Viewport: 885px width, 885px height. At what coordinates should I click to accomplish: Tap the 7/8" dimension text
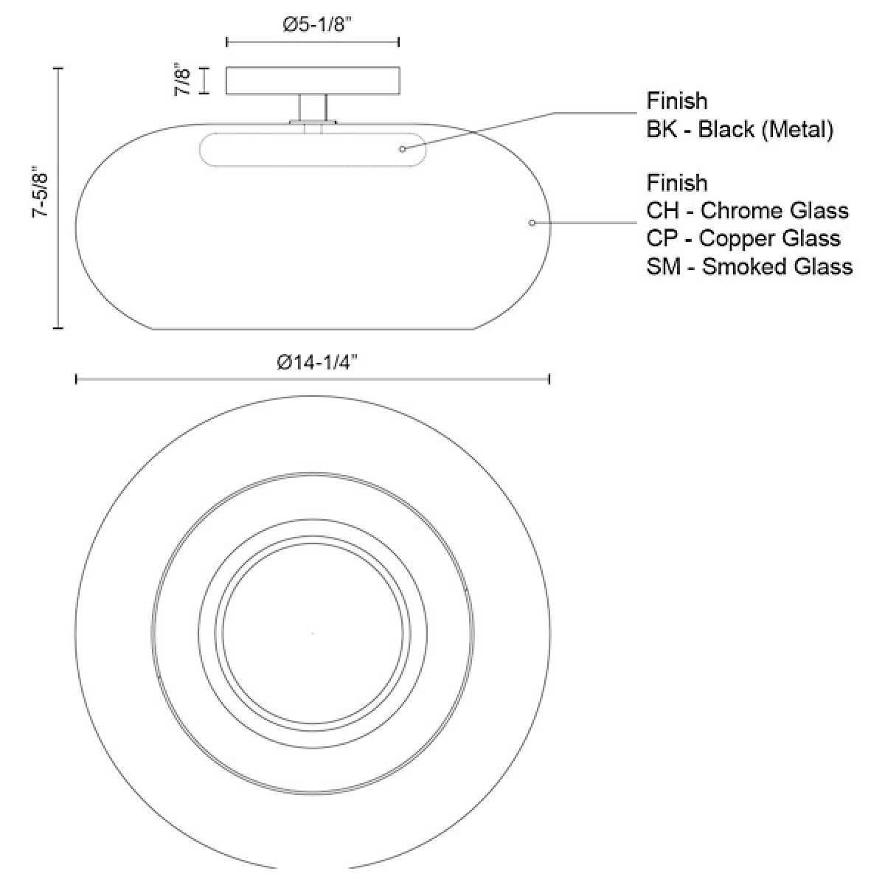click(x=182, y=81)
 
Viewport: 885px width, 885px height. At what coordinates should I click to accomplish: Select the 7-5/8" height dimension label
click(x=40, y=194)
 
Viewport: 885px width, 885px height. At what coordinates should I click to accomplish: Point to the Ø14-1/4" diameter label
click(x=317, y=362)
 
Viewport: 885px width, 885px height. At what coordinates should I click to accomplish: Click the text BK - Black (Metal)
click(x=740, y=129)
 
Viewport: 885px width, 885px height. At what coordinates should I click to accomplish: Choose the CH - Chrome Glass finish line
click(x=747, y=211)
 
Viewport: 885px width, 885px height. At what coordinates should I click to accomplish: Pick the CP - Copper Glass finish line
click(x=743, y=238)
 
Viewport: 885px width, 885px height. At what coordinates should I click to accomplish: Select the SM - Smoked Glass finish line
click(x=749, y=266)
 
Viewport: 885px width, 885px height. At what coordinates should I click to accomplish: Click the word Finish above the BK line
click(x=676, y=101)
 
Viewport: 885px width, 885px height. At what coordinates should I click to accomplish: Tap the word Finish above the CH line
click(x=676, y=183)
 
